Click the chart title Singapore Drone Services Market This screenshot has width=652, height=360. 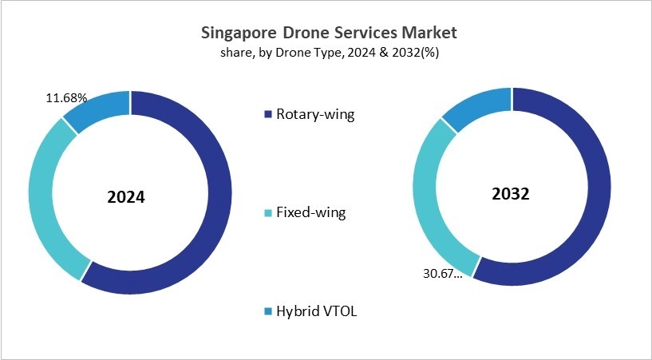[327, 34]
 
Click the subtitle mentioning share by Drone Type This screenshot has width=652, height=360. [327, 53]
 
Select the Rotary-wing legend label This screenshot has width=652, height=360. [314, 114]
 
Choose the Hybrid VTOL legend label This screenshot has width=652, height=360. [316, 311]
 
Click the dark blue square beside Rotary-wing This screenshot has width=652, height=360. [267, 114]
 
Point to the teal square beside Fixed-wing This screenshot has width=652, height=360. [267, 213]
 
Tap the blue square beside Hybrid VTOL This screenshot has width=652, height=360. [267, 311]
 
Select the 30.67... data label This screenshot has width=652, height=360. [440, 273]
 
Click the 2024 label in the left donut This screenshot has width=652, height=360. [126, 196]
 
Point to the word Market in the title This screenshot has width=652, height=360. [432, 34]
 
